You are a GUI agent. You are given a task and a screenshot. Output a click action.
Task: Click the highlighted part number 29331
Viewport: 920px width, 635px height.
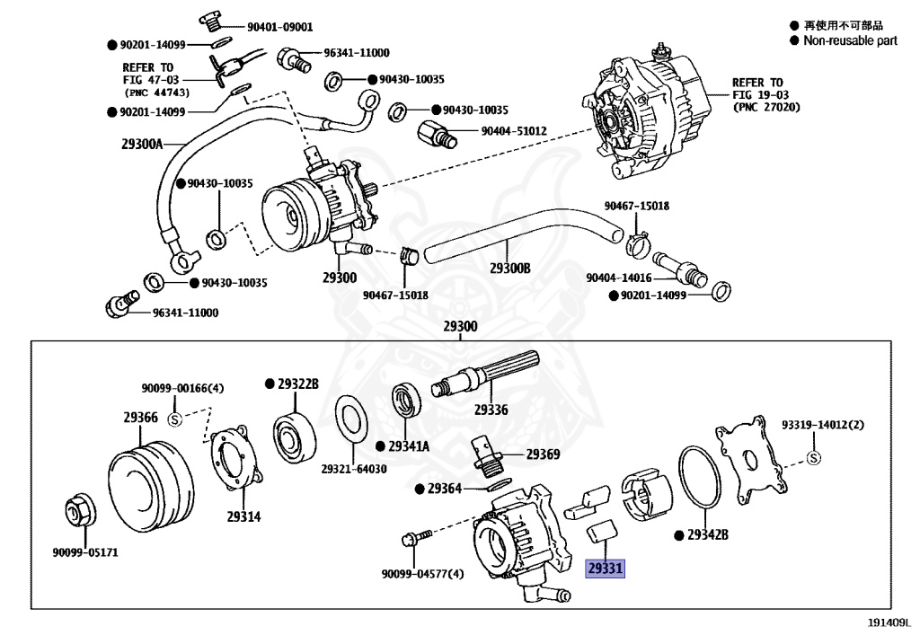[605, 568]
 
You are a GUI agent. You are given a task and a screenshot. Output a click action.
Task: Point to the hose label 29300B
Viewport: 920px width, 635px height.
[510, 269]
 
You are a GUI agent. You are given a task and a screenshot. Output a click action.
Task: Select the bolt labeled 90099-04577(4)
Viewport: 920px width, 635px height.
[414, 541]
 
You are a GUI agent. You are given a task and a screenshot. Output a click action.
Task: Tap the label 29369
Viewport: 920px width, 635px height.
[543, 454]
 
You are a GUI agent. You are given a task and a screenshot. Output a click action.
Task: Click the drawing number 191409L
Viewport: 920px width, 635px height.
[889, 621]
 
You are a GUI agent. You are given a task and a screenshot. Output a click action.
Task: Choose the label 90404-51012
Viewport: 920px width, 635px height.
[513, 131]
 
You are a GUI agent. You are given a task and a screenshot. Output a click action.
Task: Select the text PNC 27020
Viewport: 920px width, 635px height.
[766, 107]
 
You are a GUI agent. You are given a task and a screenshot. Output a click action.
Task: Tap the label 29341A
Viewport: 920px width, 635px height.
[409, 446]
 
